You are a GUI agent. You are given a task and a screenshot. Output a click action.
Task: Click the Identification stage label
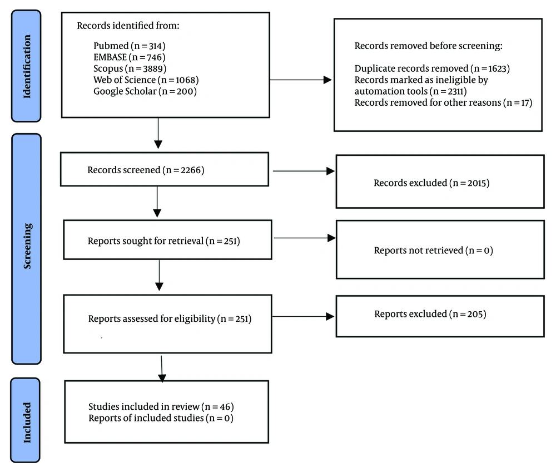27,66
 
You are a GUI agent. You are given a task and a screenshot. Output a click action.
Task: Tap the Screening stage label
27,246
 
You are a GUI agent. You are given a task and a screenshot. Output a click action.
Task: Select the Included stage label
27,423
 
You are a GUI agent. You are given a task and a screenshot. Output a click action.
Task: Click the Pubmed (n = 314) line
130,46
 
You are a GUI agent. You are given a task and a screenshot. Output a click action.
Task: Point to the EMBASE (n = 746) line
130,57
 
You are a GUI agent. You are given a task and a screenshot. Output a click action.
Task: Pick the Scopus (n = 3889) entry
130,68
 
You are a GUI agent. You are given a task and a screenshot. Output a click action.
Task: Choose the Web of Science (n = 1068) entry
146,80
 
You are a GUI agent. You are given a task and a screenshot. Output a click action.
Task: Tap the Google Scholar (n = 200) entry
145,91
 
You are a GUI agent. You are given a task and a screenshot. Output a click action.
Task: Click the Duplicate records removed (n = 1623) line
432,68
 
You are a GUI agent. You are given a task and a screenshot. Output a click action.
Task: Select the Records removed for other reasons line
444,102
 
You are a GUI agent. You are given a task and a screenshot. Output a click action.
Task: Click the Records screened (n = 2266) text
146,170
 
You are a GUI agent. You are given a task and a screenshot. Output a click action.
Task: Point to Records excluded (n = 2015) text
431,183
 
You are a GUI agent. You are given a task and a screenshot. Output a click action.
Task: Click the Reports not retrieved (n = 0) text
434,251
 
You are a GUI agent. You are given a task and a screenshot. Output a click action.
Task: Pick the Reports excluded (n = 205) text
430,314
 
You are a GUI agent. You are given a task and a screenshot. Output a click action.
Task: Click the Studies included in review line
161,406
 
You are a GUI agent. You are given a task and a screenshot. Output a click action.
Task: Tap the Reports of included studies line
161,418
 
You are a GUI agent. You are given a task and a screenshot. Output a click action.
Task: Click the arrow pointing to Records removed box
301,80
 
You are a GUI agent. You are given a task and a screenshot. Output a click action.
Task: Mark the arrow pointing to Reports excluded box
303,316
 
